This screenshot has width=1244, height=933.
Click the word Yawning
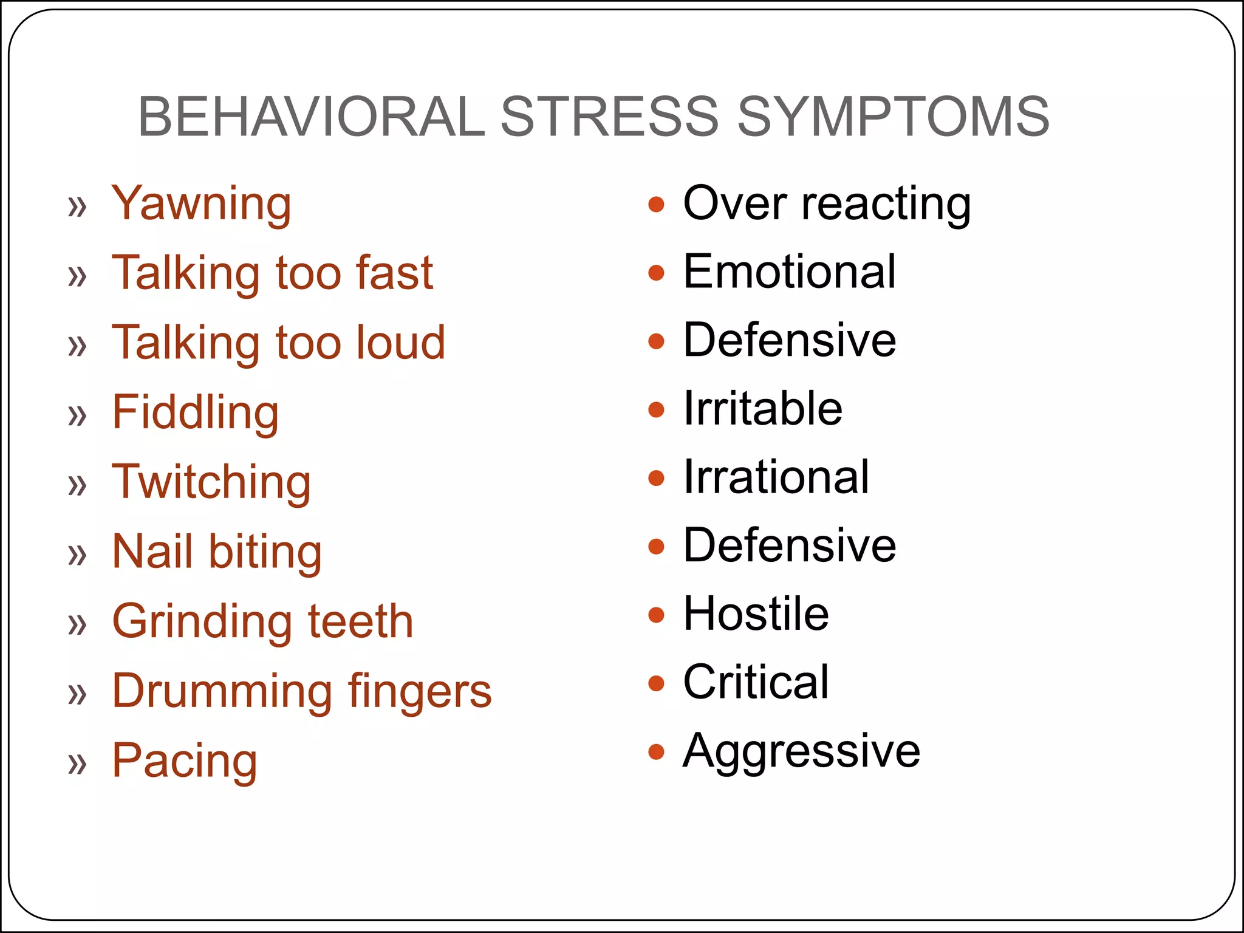tap(201, 204)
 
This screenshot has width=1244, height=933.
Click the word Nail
tap(152, 551)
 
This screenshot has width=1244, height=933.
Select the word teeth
tap(361, 621)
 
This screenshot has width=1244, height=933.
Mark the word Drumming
tap(222, 691)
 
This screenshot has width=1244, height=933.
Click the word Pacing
tap(185, 760)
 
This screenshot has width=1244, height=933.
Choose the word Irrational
tap(776, 476)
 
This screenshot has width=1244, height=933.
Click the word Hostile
tap(756, 613)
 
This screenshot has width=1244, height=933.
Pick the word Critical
tap(756, 682)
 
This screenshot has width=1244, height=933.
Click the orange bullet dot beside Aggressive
tap(656, 752)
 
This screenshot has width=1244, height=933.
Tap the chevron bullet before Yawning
tap(77, 207)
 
